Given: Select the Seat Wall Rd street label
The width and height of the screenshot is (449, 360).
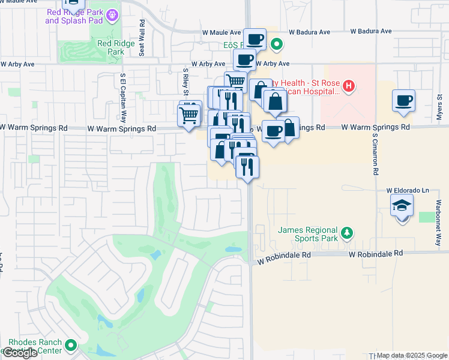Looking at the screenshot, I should tap(142, 37).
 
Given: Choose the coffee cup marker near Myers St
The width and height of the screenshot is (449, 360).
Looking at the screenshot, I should tap(403, 100).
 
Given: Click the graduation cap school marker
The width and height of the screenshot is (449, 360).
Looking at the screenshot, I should tap(402, 206).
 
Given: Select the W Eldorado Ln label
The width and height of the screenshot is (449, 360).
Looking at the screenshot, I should tap(409, 190).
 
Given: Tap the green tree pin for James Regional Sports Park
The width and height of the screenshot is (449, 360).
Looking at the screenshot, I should tap(346, 232).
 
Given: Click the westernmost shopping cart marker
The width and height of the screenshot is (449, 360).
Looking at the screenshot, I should tap(190, 113).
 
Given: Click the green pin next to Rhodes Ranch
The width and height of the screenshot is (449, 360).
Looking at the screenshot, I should tap(71, 346).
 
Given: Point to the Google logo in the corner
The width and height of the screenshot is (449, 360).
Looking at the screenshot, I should tap(20, 353).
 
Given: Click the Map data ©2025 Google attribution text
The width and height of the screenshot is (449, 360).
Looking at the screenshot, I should tap(412, 355).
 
